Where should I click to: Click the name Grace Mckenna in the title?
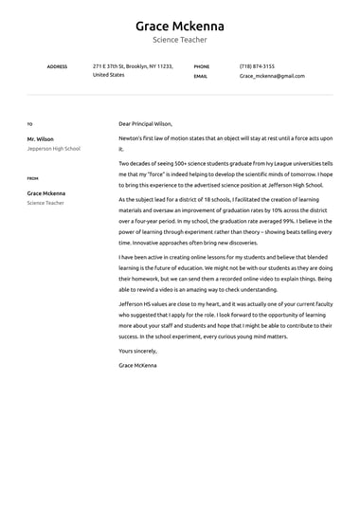(179, 25)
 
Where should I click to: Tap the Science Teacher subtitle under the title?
(179, 40)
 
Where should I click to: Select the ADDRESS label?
(57, 66)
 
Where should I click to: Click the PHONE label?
(201, 66)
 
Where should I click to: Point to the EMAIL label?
(201, 76)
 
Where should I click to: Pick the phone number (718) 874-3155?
(257, 66)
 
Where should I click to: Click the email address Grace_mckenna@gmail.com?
(272, 76)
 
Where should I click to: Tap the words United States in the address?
(108, 75)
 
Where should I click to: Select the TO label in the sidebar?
(29, 124)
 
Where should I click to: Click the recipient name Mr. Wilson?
(41, 139)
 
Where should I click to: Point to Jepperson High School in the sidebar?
(54, 149)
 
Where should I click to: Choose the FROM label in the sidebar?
(32, 178)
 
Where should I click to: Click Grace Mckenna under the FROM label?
(46, 193)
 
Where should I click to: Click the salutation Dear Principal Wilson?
(145, 124)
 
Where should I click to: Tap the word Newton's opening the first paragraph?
(132, 138)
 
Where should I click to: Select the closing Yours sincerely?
(139, 351)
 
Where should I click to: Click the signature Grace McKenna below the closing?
(138, 365)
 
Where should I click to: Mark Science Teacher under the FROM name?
(45, 203)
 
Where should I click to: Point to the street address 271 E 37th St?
(113, 66)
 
